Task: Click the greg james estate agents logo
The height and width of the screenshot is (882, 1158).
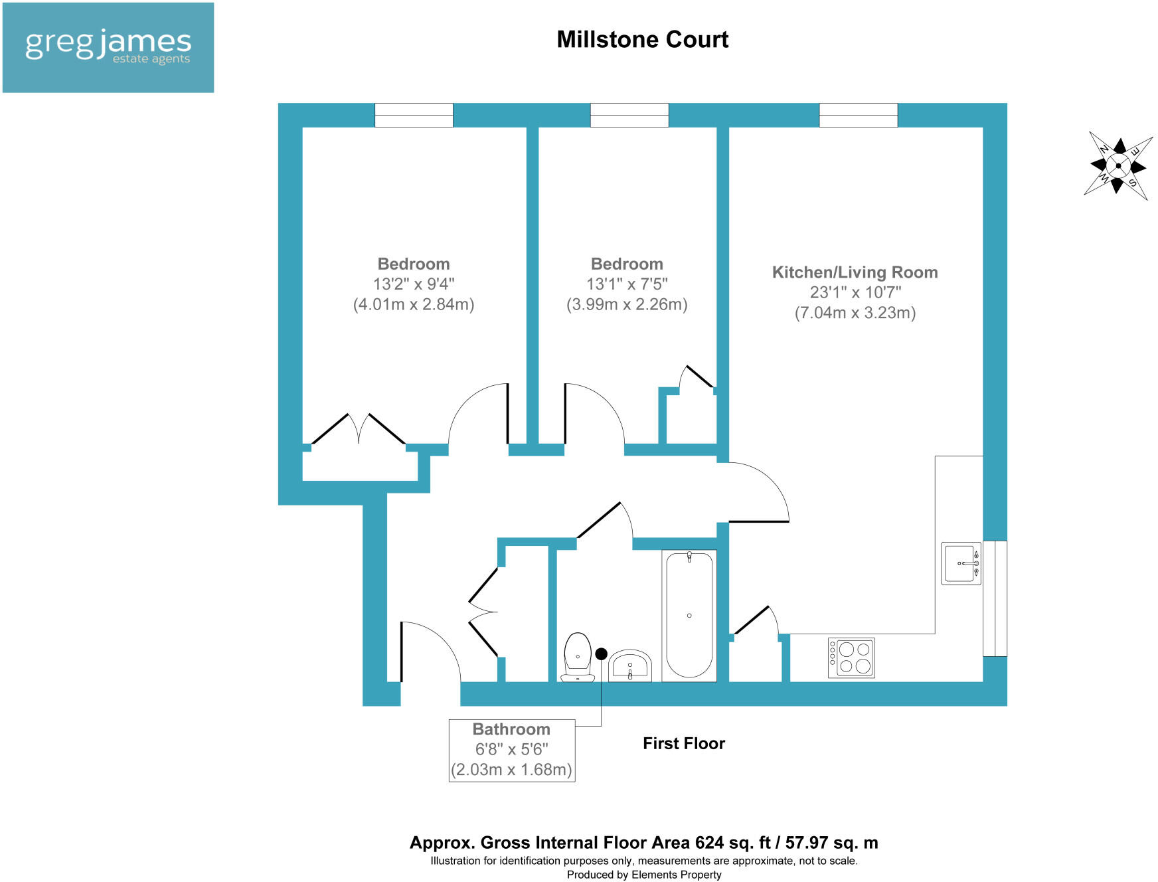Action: tap(108, 47)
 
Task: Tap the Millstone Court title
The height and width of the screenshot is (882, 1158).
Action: tap(642, 40)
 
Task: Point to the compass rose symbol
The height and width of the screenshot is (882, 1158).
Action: tap(1118, 165)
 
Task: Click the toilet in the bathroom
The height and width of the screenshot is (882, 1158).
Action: tap(577, 657)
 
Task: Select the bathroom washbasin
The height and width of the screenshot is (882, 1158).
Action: tap(630, 666)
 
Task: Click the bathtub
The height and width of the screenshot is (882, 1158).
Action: tap(689, 615)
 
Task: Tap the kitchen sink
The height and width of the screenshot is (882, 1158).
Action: tap(961, 563)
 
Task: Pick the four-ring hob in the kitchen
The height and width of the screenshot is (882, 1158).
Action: tap(851, 658)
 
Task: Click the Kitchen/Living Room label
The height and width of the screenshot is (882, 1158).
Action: tap(855, 272)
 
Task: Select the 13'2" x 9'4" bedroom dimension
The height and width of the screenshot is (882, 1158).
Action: tap(414, 284)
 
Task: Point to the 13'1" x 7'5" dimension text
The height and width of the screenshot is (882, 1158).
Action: tap(627, 284)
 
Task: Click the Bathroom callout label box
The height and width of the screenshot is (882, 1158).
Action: tap(511, 750)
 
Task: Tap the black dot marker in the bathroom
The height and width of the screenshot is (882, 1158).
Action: tap(601, 654)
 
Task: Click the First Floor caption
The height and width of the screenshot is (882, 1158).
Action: tap(683, 743)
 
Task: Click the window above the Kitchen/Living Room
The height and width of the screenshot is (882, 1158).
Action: tap(858, 115)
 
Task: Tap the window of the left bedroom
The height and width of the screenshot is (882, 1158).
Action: tap(414, 115)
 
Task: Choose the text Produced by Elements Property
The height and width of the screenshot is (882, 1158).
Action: tap(643, 875)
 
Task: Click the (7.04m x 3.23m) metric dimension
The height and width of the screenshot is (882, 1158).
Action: tap(855, 313)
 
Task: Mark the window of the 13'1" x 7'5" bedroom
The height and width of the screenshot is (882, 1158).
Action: tap(629, 115)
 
